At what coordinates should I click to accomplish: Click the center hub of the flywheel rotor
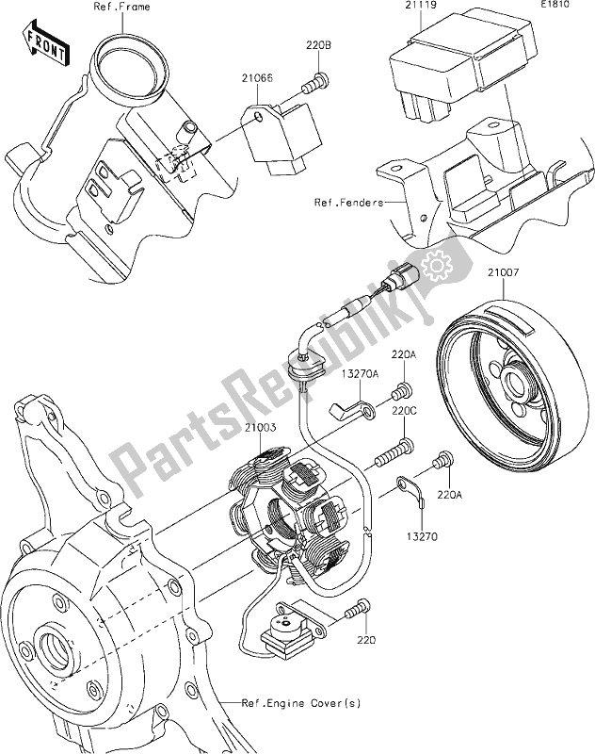tap(517, 384)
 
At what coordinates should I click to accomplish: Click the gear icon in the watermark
tap(439, 267)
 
